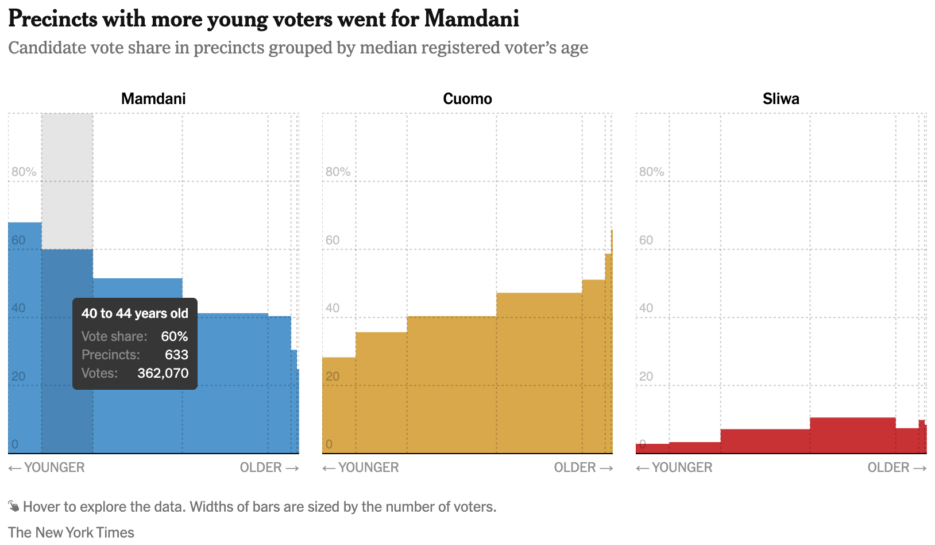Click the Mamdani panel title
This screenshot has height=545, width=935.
(153, 99)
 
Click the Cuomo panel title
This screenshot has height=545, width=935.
(467, 99)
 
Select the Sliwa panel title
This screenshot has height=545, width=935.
(781, 99)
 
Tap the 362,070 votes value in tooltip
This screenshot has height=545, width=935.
(163, 373)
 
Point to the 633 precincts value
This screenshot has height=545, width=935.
(176, 355)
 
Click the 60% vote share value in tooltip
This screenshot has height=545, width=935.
(174, 336)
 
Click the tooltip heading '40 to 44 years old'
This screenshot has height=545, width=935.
(134, 313)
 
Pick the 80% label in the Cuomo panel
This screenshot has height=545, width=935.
(338, 172)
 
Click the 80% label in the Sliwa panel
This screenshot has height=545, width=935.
(651, 172)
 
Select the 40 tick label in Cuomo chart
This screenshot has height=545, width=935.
(333, 308)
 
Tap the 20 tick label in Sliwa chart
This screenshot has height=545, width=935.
(646, 377)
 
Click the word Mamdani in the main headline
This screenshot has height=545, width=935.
(472, 19)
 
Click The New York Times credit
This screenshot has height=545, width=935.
(71, 532)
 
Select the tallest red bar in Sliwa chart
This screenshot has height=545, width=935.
(852, 435)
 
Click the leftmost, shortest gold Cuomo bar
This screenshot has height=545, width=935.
(339, 405)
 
